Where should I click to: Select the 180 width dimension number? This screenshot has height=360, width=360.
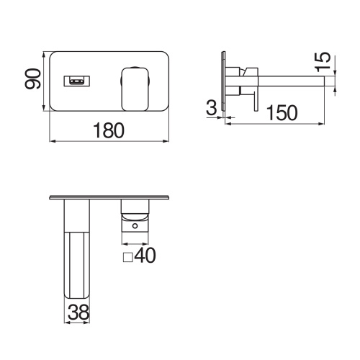pyautogui.click(x=109, y=130)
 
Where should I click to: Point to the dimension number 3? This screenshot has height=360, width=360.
pyautogui.click(x=211, y=109)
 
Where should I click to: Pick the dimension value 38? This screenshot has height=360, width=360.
pyautogui.click(x=79, y=312)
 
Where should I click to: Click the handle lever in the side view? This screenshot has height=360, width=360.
pyautogui.click(x=251, y=70)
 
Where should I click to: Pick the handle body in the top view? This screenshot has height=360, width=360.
pyautogui.click(x=135, y=212)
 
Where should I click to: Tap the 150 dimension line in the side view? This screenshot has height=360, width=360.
pyautogui.click(x=281, y=123)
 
